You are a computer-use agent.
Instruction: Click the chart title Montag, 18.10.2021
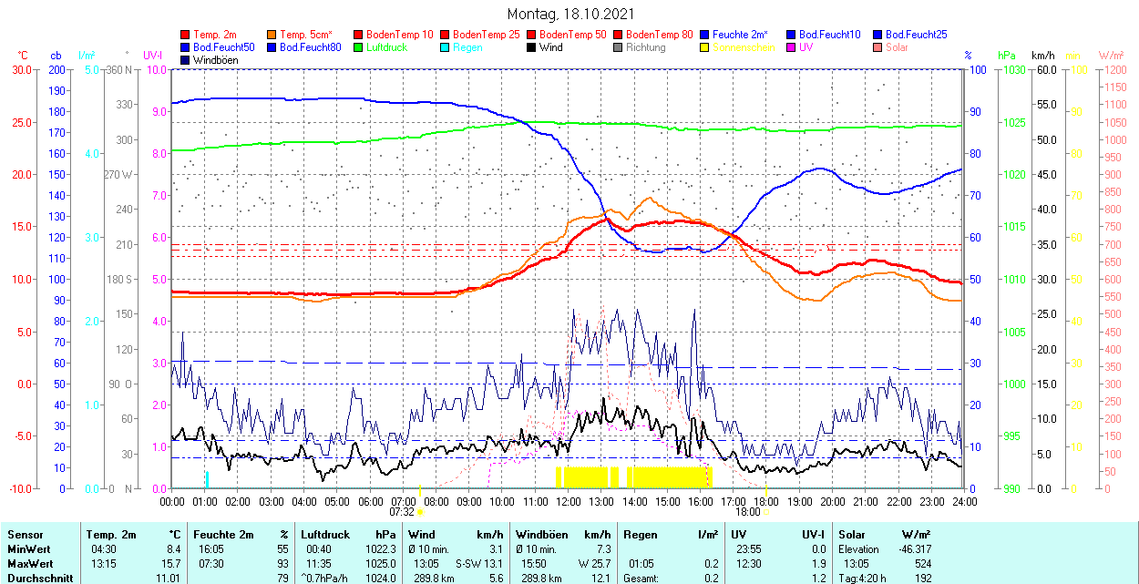pyautogui.click(x=569, y=15)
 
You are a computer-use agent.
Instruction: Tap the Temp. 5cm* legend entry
pyautogui.click(x=305, y=35)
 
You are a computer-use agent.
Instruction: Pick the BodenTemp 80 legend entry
pyautogui.click(x=660, y=35)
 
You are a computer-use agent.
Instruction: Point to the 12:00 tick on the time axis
pyautogui.click(x=569, y=501)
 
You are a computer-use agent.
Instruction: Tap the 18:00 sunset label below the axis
pyautogui.click(x=747, y=512)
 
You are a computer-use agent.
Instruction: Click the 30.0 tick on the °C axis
pyautogui.click(x=19, y=70)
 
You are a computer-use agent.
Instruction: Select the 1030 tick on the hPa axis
pyautogui.click(x=1007, y=70)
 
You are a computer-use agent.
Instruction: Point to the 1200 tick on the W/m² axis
pyautogui.click(x=1113, y=70)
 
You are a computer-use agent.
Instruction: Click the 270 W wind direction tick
pyautogui.click(x=118, y=175)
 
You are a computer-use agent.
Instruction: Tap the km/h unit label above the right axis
pyautogui.click(x=1042, y=56)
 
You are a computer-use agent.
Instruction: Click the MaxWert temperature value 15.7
pyautogui.click(x=171, y=564)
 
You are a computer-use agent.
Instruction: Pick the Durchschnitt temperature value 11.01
pyautogui.click(x=169, y=579)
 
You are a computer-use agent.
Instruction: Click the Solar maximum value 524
pyautogui.click(x=922, y=564)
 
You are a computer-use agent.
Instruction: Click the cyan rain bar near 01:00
pyautogui.click(x=207, y=479)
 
